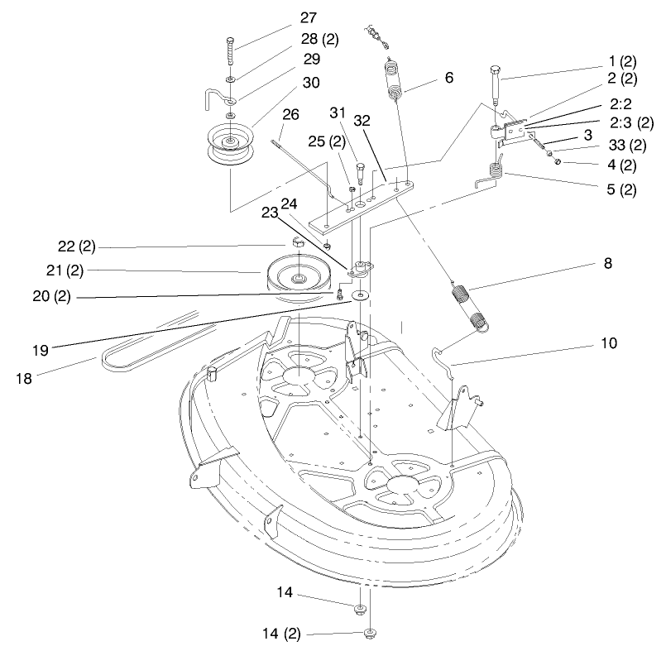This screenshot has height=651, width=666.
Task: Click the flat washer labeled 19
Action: tap(362, 295)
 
